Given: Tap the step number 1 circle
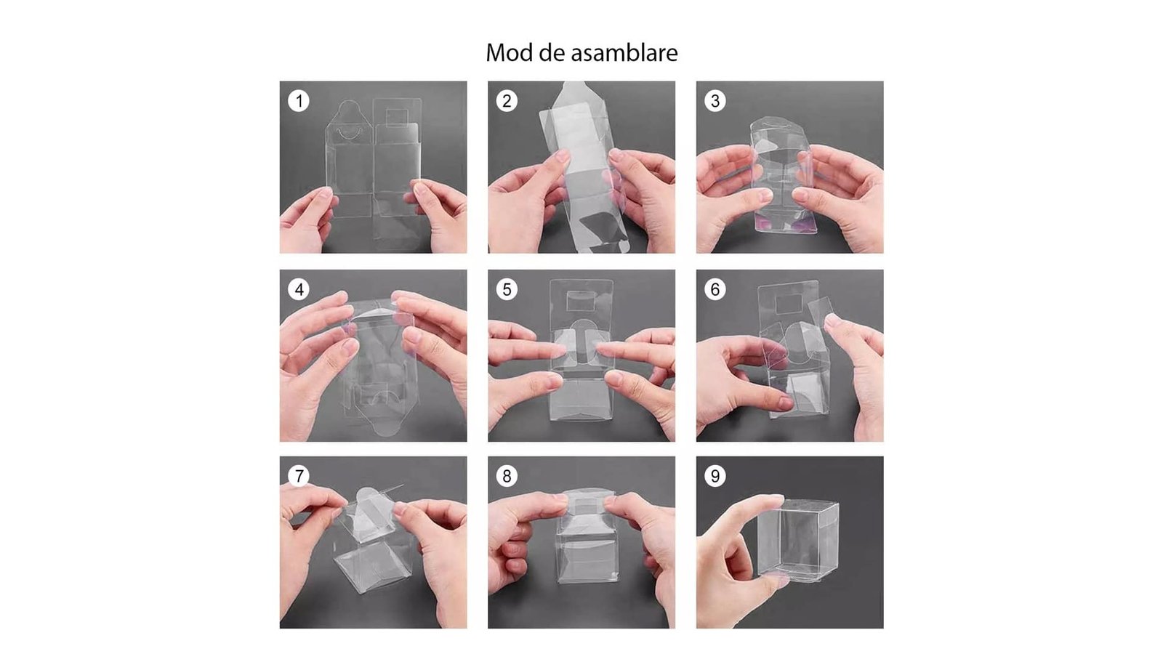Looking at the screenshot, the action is pyautogui.click(x=299, y=101).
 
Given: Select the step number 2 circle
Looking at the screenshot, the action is pyautogui.click(x=507, y=101).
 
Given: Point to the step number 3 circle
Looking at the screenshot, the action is pyautogui.click(x=715, y=101).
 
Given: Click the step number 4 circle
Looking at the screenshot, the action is pyautogui.click(x=299, y=289).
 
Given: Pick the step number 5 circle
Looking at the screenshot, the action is pyautogui.click(x=507, y=289).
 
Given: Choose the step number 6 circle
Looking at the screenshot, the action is pyautogui.click(x=715, y=289).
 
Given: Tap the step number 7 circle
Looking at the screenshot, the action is pyautogui.click(x=299, y=476).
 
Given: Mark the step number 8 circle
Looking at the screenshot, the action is pyautogui.click(x=507, y=476).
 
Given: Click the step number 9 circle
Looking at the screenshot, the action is pyautogui.click(x=715, y=476).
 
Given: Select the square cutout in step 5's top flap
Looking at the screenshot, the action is pyautogui.click(x=581, y=301).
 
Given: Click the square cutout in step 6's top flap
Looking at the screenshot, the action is pyautogui.click(x=789, y=304).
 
